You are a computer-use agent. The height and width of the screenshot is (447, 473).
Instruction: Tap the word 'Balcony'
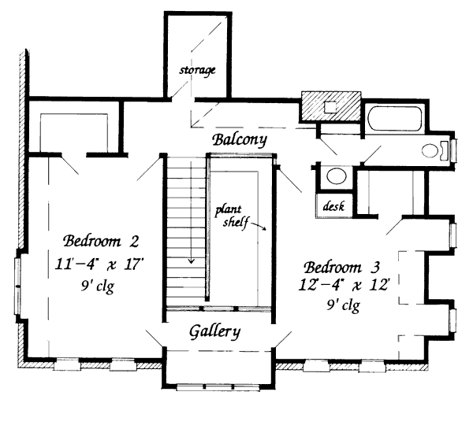tap(240, 139)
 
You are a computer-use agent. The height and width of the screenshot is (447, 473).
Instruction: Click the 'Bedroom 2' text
tap(102, 240)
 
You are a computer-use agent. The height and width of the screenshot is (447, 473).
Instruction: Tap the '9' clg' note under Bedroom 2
tap(98, 286)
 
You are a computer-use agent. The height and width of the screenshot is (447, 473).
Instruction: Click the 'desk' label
tap(331, 205)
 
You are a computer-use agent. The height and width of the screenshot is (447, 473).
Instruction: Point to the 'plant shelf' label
tap(234, 216)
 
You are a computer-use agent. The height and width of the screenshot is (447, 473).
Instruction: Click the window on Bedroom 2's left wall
tap(17, 284)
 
